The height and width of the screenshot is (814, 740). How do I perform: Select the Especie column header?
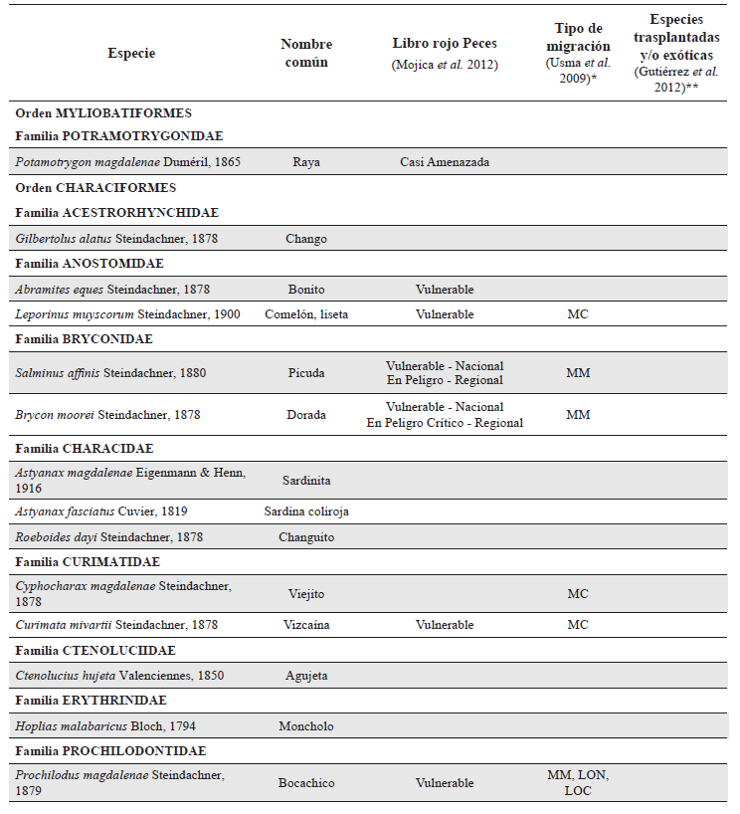(x=131, y=54)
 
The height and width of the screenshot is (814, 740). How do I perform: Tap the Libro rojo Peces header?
(x=445, y=44)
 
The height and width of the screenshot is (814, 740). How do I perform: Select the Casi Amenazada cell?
(x=445, y=162)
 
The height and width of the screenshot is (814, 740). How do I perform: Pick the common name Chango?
(x=305, y=239)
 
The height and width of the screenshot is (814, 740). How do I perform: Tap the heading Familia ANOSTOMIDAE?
(x=90, y=264)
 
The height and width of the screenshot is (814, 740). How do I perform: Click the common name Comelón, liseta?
(x=305, y=314)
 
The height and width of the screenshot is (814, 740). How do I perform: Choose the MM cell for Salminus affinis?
(x=578, y=373)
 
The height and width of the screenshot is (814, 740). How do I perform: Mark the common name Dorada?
(x=305, y=415)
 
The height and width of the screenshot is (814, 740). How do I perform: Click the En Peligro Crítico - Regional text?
(x=445, y=423)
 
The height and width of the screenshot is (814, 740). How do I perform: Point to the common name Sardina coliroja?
(x=305, y=511)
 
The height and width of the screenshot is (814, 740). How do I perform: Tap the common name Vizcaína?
(x=305, y=625)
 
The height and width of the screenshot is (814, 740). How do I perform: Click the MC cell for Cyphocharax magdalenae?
(x=578, y=594)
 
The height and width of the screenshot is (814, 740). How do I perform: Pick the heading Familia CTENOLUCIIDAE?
(x=95, y=651)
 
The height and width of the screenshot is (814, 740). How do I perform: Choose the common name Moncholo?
(x=305, y=726)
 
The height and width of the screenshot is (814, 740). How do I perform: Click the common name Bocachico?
(x=305, y=783)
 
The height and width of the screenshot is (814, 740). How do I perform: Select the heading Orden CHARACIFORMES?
(x=95, y=187)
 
